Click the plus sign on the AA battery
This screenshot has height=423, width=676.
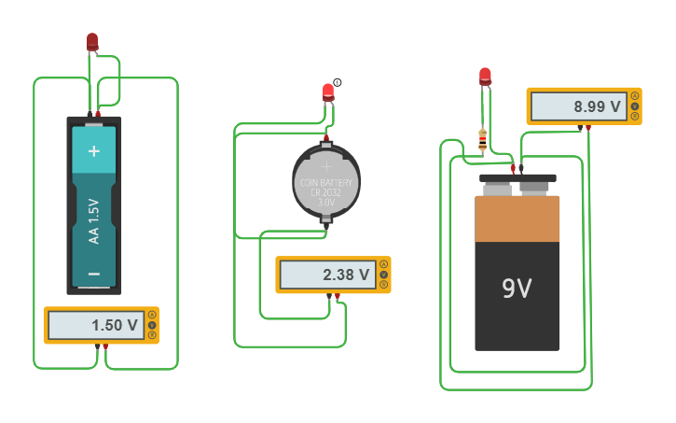pyautogui.click(x=93, y=150)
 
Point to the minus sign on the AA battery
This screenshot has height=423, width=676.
pyautogui.click(x=93, y=274)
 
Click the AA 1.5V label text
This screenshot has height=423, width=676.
pyautogui.click(x=93, y=220)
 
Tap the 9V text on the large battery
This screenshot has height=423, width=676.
pyautogui.click(x=517, y=289)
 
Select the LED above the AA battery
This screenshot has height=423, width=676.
pyautogui.click(x=92, y=41)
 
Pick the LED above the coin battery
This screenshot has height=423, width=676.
pyautogui.click(x=327, y=92)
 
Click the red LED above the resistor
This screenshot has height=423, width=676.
pyautogui.click(x=485, y=76)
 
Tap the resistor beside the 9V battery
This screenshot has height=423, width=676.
pyautogui.click(x=482, y=140)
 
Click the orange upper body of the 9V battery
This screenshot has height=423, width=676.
pyautogui.click(x=517, y=219)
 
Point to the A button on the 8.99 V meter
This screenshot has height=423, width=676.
pyautogui.click(x=635, y=96)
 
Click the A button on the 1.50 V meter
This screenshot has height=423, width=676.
pyautogui.click(x=153, y=315)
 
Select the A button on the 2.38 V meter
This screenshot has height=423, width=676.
pyautogui.click(x=384, y=265)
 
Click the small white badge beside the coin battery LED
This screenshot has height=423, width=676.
pyautogui.click(x=338, y=82)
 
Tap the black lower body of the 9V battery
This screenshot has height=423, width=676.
pyautogui.click(x=517, y=308)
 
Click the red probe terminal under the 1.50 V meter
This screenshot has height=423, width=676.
pyautogui.click(x=105, y=346)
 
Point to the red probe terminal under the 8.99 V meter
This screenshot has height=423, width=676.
pyautogui.click(x=587, y=127)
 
